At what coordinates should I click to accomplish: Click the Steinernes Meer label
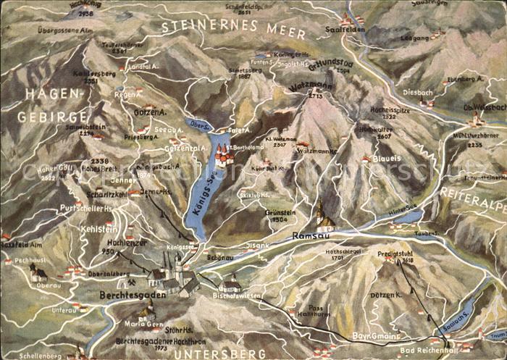click(232, 28)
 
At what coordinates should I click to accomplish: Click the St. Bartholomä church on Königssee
click(223, 154)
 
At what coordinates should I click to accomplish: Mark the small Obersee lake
click(196, 125)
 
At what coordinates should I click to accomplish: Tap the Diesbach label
click(419, 92)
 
